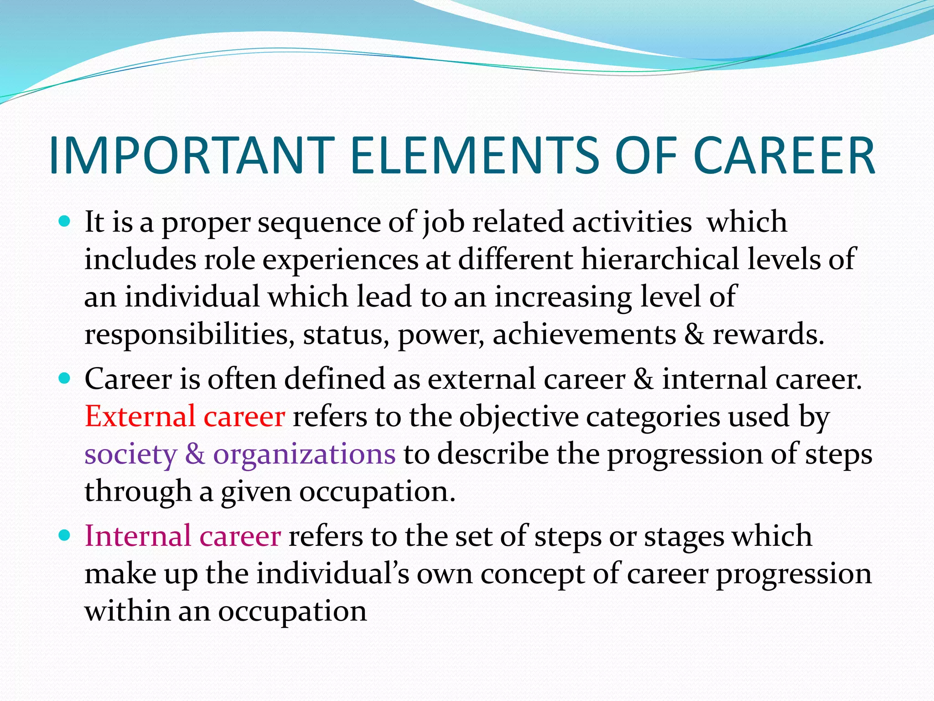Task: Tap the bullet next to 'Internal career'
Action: coord(65,535)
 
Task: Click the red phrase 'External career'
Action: coord(185,416)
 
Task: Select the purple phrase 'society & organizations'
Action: coord(240,454)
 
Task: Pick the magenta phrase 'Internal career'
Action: coord(182,536)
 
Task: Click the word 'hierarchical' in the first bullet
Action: coord(660,259)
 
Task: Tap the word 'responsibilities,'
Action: coord(189,335)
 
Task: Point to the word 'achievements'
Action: coord(584,334)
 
